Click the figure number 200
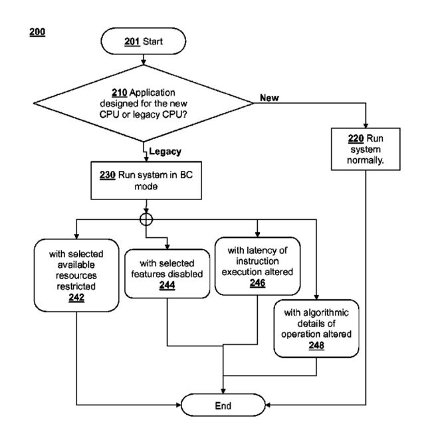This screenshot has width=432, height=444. pos(38,31)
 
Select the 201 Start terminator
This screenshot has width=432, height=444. pos(144,42)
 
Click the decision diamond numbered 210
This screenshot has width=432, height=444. pos(144,103)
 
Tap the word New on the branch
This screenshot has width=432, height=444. pos(269,98)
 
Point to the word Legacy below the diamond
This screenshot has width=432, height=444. pos(165,152)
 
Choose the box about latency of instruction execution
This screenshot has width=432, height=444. pos(257,267)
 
